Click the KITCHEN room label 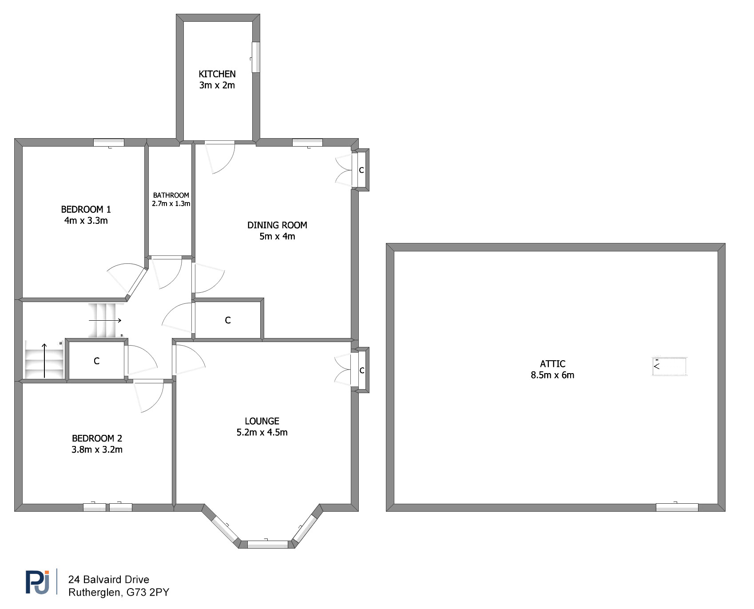(x=217, y=74)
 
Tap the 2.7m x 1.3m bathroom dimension (x=171, y=204)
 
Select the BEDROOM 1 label (x=86, y=209)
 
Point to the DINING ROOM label (x=277, y=225)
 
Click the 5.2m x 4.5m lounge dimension (x=262, y=432)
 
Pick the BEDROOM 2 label (x=97, y=438)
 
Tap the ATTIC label (x=552, y=364)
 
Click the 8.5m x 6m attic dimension (x=552, y=375)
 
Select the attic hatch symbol (x=669, y=366)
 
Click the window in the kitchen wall (x=255, y=57)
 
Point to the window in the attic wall (x=677, y=507)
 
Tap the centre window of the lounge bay (x=268, y=544)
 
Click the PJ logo (x=37, y=581)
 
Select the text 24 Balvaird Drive (x=108, y=579)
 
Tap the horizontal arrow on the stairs (x=105, y=320)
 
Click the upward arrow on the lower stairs (x=44, y=360)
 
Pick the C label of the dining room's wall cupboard (x=361, y=170)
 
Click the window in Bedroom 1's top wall (x=109, y=143)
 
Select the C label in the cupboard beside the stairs (x=97, y=361)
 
